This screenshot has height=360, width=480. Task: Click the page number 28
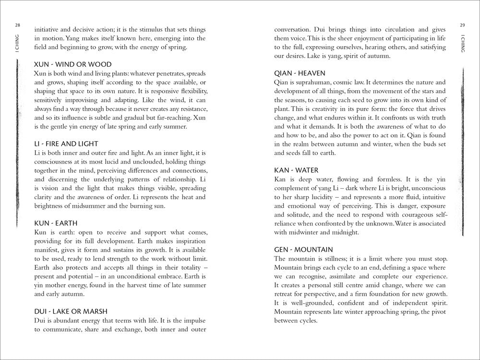pyautogui.click(x=17, y=25)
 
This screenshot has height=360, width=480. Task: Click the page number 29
pyautogui.click(x=462, y=25)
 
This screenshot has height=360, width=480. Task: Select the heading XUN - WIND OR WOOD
pyautogui.click(x=73, y=64)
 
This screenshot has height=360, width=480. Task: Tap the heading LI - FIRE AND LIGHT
pyautogui.click(x=66, y=144)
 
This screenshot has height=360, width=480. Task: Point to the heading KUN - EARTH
pyautogui.click(x=56, y=223)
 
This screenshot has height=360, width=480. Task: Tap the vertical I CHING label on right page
pyautogui.click(x=462, y=42)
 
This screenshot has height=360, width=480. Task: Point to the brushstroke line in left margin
pyautogui.click(x=17, y=144)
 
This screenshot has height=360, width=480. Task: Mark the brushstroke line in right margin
pyautogui.click(x=462, y=154)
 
